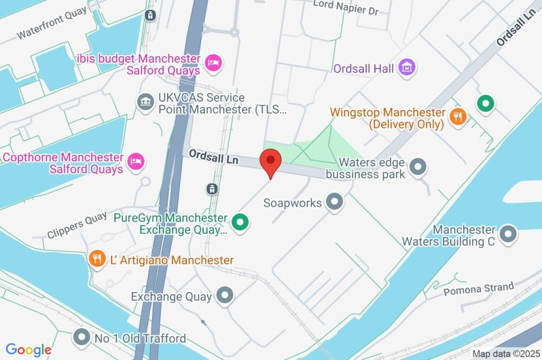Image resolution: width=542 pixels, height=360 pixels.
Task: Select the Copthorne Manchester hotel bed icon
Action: [x=136, y=162]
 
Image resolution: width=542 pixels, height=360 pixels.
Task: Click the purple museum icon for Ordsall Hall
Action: [x=408, y=67]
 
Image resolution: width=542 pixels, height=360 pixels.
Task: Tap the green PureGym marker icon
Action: [x=241, y=223]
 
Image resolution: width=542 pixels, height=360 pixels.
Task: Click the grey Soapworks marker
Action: [x=334, y=202]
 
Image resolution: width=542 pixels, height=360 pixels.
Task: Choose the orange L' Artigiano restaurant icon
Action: [x=96, y=259]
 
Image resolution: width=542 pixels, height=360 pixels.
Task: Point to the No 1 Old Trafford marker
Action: [x=82, y=337]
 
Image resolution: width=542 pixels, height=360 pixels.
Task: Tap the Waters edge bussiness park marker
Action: [x=419, y=167]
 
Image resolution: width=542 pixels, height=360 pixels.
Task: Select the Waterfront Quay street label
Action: [x=51, y=26]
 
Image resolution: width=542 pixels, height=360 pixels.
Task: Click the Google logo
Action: [x=29, y=349]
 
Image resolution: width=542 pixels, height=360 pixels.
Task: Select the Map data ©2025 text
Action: [x=505, y=353]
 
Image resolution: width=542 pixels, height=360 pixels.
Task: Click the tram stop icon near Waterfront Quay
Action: [x=151, y=15]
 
